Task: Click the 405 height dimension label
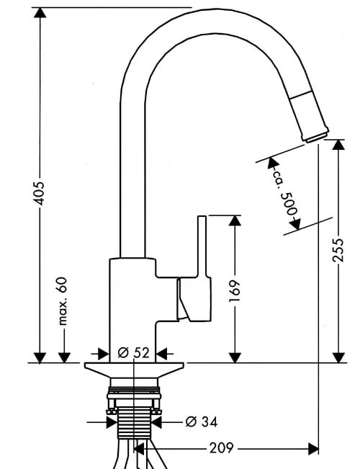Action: coord(40,193)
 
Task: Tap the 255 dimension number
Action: coord(339,250)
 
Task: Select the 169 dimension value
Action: coord(235,291)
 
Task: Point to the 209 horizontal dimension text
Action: coord(221,448)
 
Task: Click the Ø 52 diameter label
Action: coord(133,352)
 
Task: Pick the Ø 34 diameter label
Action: coord(202,421)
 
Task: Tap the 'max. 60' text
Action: coord(63,301)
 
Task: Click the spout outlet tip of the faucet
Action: coord(316,135)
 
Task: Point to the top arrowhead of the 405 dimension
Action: coord(40,12)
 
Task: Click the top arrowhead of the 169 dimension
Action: coord(235,220)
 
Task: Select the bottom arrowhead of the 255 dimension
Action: coord(339,357)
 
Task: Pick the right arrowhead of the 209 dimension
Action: coord(313,449)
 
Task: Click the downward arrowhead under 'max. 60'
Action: coord(64,357)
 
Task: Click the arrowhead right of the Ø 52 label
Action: coord(162,354)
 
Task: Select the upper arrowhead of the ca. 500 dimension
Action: coord(273,162)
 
